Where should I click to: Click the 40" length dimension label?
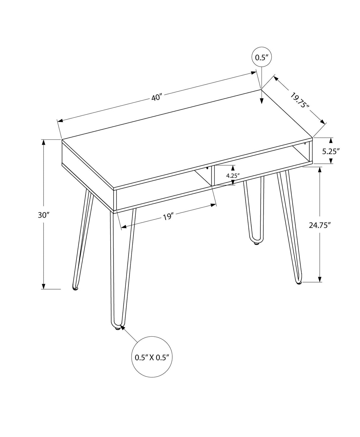point(156,97)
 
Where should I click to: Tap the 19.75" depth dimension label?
point(300,101)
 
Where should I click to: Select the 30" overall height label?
point(43,215)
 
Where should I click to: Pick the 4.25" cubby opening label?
point(232,175)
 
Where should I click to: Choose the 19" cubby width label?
point(168,217)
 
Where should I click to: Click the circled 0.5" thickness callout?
point(262,57)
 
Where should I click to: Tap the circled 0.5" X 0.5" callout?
point(152,357)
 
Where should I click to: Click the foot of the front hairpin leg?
point(117,328)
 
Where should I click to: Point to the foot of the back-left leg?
point(75,288)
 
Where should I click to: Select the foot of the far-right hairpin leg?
point(299,283)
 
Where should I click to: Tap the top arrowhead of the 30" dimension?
point(44,142)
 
